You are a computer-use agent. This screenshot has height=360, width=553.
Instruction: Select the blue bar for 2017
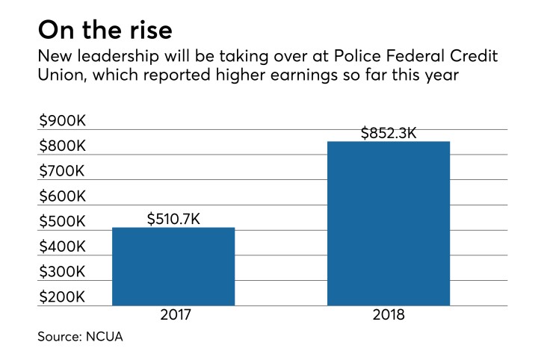pos(173,267)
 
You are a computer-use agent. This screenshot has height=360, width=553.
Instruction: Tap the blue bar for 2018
pos(389,224)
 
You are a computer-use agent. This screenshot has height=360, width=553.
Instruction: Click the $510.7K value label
pos(173,219)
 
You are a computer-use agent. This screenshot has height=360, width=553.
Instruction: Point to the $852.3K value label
pos(389,134)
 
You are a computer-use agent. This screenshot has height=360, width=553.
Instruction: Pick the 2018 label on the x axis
pos(389,316)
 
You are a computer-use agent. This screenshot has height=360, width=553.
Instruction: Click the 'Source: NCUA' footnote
pos(80,338)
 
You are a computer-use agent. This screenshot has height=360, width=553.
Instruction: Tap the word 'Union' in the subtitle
pos(58,77)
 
